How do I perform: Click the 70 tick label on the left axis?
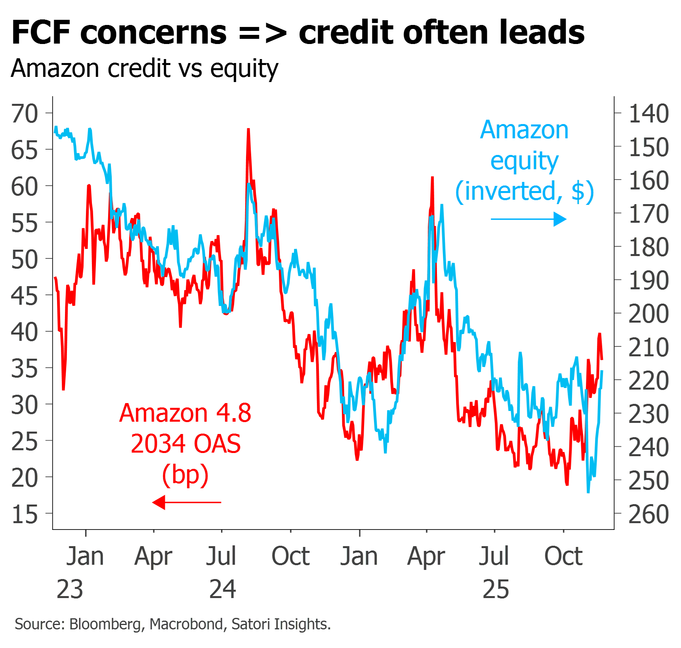click(x=25, y=114)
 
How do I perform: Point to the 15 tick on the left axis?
click(x=25, y=514)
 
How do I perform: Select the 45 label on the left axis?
click(x=25, y=296)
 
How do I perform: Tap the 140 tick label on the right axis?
click(x=649, y=114)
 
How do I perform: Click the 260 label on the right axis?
click(x=649, y=514)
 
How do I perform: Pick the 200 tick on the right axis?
click(x=649, y=314)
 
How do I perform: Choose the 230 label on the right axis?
click(x=649, y=414)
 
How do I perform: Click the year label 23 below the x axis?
click(x=70, y=589)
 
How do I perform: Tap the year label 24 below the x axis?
click(x=223, y=589)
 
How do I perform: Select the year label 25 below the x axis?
click(x=496, y=589)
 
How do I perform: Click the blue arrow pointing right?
click(x=529, y=219)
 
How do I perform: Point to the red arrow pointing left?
click(x=187, y=503)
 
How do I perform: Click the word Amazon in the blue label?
click(x=525, y=130)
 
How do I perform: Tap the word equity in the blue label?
click(x=525, y=162)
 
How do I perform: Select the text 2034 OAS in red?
click(x=186, y=443)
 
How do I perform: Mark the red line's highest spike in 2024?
click(x=248, y=130)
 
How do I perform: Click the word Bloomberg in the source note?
click(x=105, y=624)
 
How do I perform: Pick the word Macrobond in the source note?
click(x=186, y=624)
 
